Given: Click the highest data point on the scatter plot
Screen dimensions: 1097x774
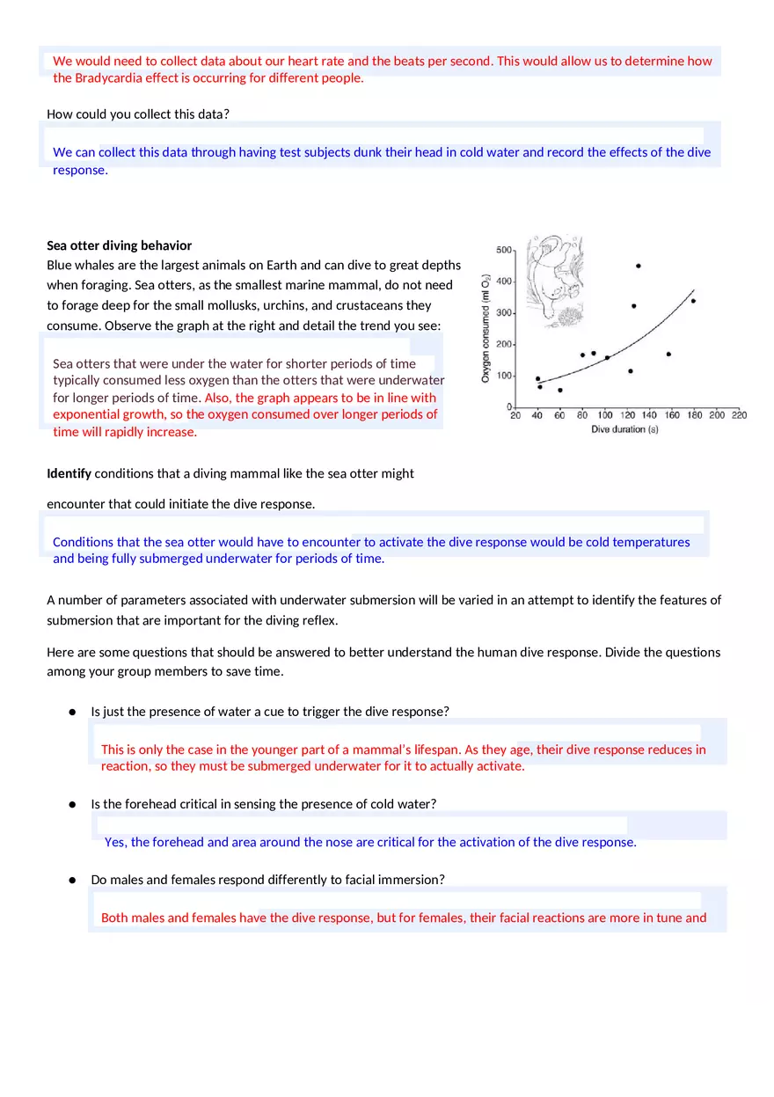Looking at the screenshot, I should click(x=638, y=266).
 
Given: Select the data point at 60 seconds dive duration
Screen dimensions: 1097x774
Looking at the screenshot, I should click(x=559, y=390).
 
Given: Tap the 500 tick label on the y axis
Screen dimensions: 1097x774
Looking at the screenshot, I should click(x=504, y=251).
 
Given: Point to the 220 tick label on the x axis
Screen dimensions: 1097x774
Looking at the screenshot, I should click(x=738, y=415).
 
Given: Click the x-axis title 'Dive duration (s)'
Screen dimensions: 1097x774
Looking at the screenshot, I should click(x=624, y=429).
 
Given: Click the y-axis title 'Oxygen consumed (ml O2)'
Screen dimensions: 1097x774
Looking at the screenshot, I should click(x=486, y=328).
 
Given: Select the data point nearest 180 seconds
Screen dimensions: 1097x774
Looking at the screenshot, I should click(x=693, y=301).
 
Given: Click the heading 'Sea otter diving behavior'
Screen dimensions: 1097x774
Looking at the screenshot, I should click(x=119, y=245).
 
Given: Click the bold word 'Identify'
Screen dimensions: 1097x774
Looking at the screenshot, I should click(x=69, y=473).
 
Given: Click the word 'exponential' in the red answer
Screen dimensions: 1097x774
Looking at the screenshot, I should click(x=85, y=414).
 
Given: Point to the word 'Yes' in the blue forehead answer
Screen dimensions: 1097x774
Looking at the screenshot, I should click(x=114, y=842).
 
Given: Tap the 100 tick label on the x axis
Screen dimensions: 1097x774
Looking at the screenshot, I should click(x=605, y=415).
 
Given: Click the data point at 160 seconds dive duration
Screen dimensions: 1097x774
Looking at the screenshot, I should click(x=668, y=355).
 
